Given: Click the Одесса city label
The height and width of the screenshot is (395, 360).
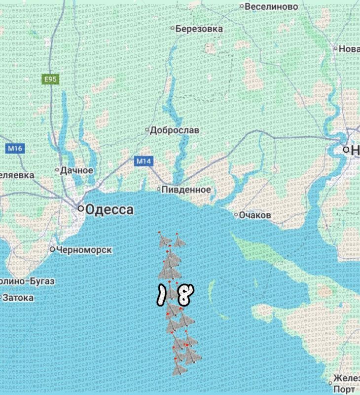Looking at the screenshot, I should [x=109, y=210].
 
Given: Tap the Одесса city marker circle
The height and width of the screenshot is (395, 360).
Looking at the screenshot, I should [x=80, y=209].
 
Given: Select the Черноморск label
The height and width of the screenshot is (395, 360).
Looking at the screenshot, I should [x=84, y=250].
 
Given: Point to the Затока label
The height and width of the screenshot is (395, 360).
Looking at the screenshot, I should [x=18, y=298].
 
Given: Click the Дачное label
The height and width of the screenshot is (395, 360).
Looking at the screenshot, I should [x=76, y=170].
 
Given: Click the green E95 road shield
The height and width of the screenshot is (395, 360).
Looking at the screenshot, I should [x=48, y=79].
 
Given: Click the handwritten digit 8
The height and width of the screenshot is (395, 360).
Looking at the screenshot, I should [x=183, y=295].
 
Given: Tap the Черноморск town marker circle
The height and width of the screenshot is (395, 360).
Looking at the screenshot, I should [x=52, y=249].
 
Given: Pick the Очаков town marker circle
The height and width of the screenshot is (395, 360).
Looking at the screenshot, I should [x=235, y=215].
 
